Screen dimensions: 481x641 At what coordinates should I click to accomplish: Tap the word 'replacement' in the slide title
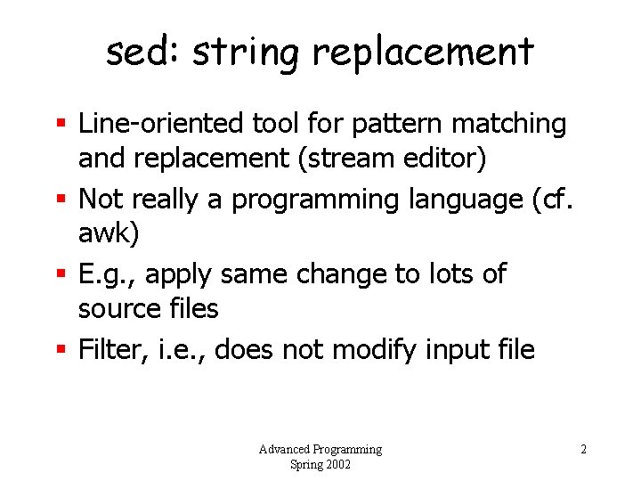tap(423, 53)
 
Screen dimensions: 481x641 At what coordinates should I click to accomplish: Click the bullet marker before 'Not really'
tap(62, 200)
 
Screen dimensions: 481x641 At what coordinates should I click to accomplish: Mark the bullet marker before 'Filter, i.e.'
tap(62, 350)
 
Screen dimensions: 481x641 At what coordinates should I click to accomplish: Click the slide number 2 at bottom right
tap(583, 449)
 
